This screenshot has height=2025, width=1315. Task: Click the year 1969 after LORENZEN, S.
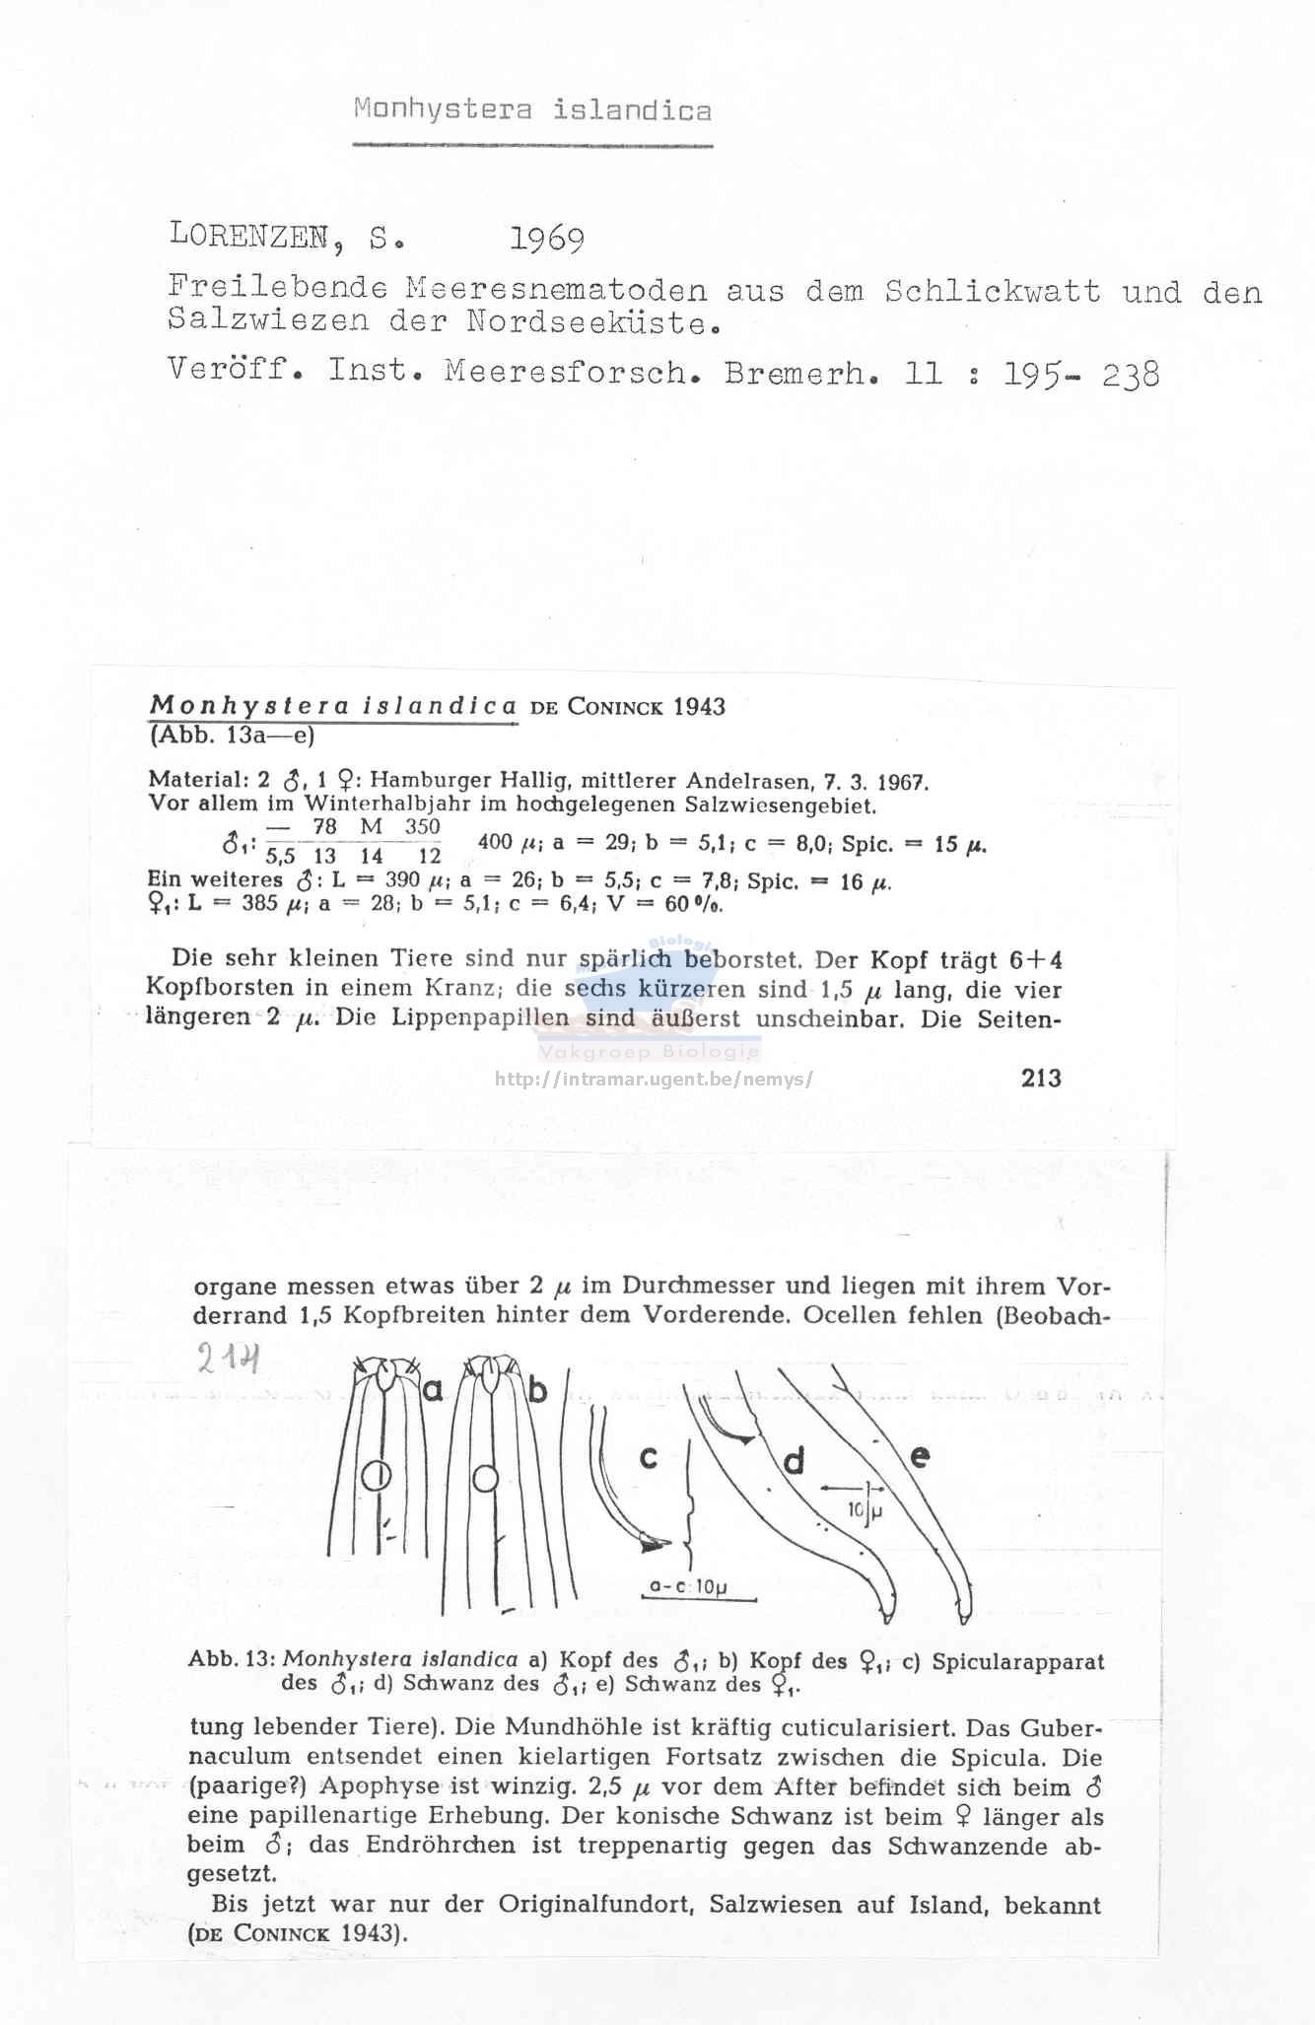(547, 240)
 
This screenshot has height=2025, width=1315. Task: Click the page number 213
(1041, 1078)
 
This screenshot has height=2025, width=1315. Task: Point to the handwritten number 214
(228, 1361)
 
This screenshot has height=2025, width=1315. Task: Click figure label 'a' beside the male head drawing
(434, 1391)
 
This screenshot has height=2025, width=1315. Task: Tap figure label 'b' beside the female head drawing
(537, 1391)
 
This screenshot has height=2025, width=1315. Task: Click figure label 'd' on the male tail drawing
(794, 1461)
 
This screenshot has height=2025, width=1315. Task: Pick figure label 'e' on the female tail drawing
(919, 1456)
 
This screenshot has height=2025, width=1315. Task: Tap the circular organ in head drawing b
(484, 1480)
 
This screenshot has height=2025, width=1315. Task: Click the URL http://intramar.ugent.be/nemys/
(654, 1079)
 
